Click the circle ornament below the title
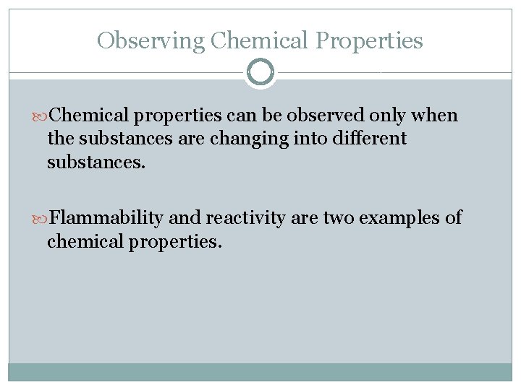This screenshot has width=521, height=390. click(x=260, y=73)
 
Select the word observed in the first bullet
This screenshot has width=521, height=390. click(x=331, y=116)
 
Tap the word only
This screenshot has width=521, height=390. click(x=389, y=116)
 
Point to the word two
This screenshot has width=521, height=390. click(x=339, y=218)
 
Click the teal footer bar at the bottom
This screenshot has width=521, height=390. click(x=260, y=372)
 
